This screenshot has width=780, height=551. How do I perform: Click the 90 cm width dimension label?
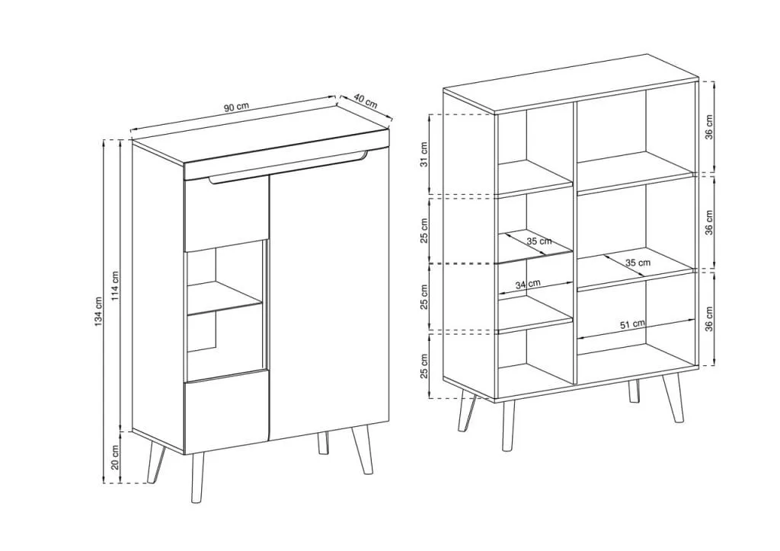pos(236,107)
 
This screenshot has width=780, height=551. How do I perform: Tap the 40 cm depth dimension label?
pos(366,101)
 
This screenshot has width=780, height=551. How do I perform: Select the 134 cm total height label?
pos(98,311)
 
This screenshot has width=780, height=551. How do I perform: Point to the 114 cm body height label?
pos(115,286)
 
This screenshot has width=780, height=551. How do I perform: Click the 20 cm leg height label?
pos(115,457)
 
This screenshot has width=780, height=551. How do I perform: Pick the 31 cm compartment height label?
pos(424,154)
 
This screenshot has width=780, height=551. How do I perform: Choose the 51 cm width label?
pos(633,324)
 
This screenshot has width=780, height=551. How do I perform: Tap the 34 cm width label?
pos(528,285)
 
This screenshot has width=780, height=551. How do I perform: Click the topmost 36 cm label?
pos(709,126)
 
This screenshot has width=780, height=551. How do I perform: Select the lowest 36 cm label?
pos(709,318)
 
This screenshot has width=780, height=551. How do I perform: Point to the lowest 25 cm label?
pos(424,366)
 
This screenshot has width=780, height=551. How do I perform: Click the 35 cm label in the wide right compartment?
pos(638,262)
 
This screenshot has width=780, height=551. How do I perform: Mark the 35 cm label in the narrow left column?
pos(539,241)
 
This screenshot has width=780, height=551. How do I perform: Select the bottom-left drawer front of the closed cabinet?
pos(226,411)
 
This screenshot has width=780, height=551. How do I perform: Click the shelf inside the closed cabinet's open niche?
pos(225,299)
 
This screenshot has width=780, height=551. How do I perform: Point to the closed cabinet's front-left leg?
pos(197,477)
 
